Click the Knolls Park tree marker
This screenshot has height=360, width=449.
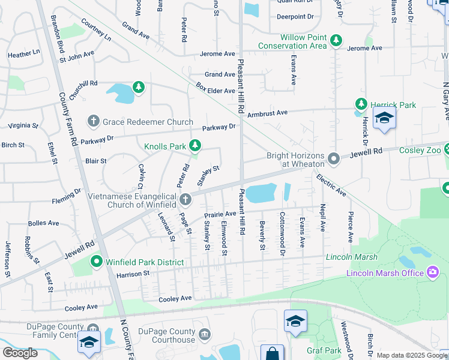pyautogui.click(x=195, y=146)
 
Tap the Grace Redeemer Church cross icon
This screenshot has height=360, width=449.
pyautogui.click(x=93, y=122)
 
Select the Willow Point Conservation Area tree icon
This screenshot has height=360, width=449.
pyautogui.click(x=336, y=41)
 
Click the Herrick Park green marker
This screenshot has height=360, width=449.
pyautogui.click(x=361, y=104)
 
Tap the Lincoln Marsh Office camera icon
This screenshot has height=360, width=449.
pyautogui.click(x=432, y=273)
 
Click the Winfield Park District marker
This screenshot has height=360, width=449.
pyautogui.click(x=96, y=262)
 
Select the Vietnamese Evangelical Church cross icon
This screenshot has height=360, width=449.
pyautogui.click(x=185, y=199)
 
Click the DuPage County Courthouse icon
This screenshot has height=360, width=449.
pyautogui.click(x=204, y=334)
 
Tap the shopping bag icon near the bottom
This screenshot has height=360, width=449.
pyautogui.click(x=273, y=354)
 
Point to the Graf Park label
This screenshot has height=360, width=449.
pyautogui.click(x=324, y=350)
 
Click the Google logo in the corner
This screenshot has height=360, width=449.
pyautogui.click(x=20, y=353)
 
